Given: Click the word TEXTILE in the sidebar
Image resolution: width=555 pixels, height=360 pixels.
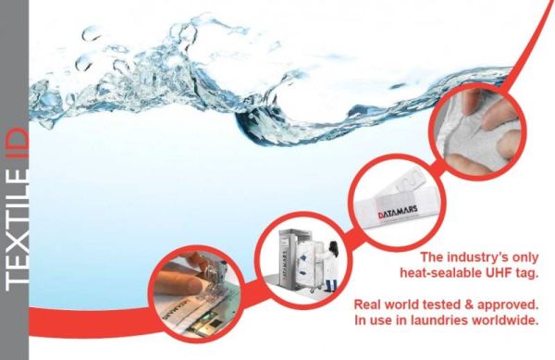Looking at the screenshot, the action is click(x=17, y=227).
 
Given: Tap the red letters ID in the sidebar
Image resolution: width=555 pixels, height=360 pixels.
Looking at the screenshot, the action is click(x=17, y=144).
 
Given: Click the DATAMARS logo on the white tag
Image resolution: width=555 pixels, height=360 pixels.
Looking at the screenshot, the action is click(x=398, y=211).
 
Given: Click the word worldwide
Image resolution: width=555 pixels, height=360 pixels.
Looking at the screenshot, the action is click(x=506, y=320).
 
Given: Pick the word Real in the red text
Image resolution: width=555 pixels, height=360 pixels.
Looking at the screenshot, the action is click(x=366, y=304).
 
